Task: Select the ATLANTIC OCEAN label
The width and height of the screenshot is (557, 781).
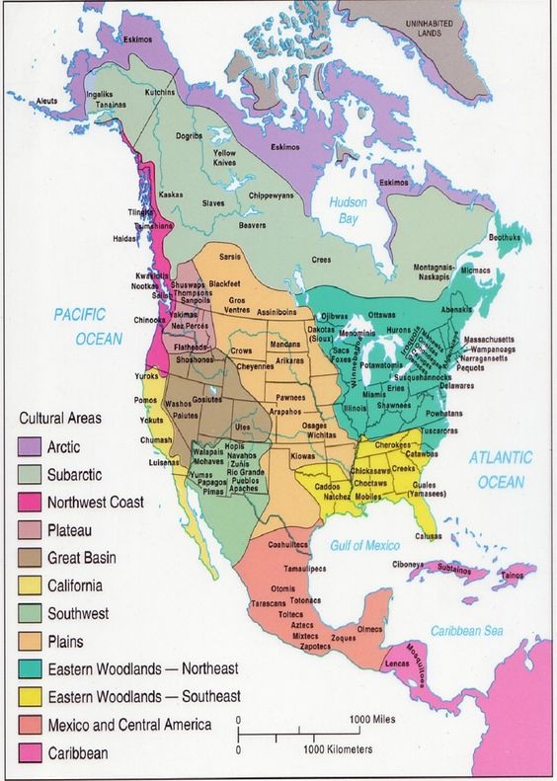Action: (500, 469)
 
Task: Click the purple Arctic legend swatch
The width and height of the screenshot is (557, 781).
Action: (30, 447)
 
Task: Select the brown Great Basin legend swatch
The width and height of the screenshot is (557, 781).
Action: (30, 558)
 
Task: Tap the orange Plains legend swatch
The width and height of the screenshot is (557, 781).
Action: (30, 642)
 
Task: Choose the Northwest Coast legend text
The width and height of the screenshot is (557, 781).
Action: (96, 503)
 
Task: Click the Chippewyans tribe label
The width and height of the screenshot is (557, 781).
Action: (272, 195)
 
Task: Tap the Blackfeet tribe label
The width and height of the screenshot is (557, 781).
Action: (225, 282)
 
